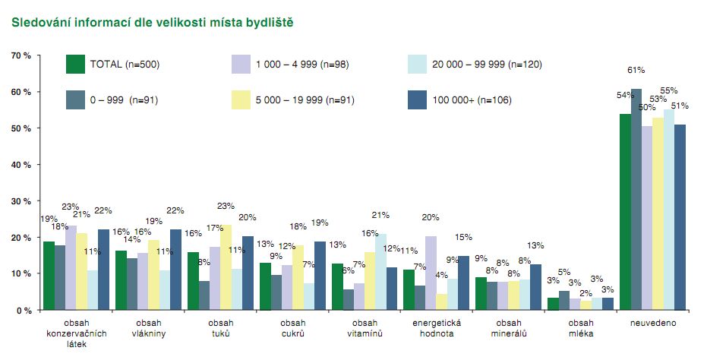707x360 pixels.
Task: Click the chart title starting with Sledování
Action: coord(153,22)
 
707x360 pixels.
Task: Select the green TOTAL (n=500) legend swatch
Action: coord(75,64)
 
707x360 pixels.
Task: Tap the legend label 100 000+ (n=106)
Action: coord(472,100)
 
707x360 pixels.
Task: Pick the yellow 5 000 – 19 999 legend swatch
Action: coord(241,99)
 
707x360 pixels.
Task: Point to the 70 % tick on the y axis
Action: coord(21,55)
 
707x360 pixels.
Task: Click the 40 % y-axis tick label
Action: coord(21,165)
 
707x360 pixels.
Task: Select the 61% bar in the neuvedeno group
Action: coord(636,200)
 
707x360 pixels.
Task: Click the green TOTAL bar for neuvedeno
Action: coord(625,212)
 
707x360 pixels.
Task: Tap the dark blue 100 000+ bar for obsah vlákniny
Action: coord(175,270)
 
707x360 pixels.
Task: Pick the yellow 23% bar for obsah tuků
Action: coord(226,267)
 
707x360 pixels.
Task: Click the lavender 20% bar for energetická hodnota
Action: coord(431,273)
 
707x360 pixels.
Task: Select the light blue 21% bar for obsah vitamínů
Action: coord(380,272)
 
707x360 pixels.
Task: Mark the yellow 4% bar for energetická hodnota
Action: coord(441,302)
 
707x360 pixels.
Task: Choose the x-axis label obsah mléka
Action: coord(581,328)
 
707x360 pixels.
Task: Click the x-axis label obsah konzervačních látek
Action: coord(76,333)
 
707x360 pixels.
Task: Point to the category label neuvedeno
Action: coord(653,323)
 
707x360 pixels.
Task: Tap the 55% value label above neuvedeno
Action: coord(669,90)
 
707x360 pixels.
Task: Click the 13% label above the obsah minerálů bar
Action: coord(535,246)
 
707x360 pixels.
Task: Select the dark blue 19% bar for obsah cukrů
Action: coord(320,276)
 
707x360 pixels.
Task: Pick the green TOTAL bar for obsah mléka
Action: coord(553,304)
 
